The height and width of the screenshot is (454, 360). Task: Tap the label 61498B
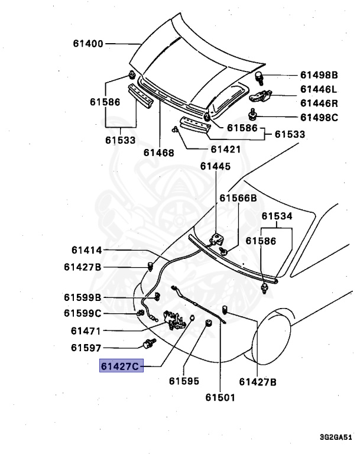319,75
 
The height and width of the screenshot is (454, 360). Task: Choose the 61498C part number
319,118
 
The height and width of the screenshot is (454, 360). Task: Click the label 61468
158,153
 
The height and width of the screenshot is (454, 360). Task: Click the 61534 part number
277,216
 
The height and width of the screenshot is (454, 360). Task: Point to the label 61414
88,251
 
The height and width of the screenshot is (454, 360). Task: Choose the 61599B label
83,297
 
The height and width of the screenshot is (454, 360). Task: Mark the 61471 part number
86,330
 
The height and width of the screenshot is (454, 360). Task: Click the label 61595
183,382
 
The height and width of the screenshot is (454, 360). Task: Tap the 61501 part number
219,397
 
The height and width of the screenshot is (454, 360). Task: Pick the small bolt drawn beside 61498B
259,76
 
